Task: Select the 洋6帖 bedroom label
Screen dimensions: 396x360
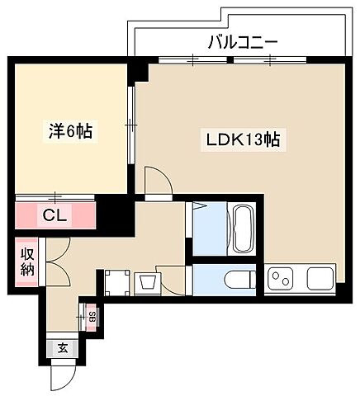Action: [68, 130]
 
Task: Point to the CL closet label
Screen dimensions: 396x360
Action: [56, 216]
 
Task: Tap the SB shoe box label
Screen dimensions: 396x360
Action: [91, 316]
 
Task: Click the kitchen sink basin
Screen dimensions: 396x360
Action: [320, 278]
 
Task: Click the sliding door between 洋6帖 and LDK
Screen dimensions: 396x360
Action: [130, 124]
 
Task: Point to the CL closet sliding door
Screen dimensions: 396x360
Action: [54, 197]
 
